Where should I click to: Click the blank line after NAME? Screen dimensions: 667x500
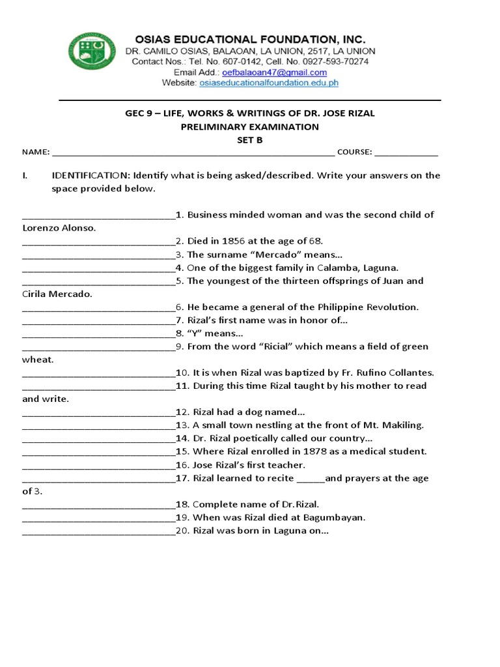(x=193, y=152)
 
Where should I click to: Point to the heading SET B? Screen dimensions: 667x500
(x=249, y=139)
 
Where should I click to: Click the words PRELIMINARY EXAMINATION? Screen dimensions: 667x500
(x=249, y=126)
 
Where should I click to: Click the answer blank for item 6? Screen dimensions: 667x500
(x=98, y=307)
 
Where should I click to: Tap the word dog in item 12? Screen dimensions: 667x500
(x=253, y=412)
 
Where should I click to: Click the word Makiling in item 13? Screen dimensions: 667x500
(x=403, y=425)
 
